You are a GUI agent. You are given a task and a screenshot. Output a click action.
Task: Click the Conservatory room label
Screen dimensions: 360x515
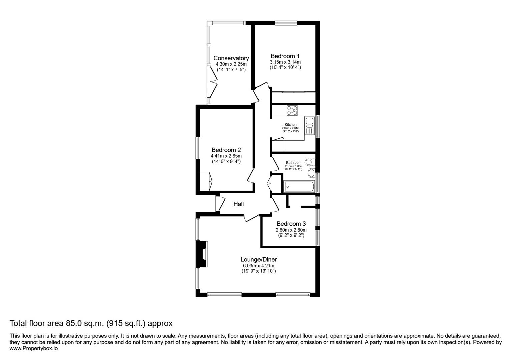click(231, 58)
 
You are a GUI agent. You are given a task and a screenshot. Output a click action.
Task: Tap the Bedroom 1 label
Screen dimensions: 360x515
click(285, 56)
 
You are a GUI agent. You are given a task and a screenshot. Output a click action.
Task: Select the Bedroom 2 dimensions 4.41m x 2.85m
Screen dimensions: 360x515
click(226, 156)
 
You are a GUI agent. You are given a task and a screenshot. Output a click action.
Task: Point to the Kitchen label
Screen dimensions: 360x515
click(290, 125)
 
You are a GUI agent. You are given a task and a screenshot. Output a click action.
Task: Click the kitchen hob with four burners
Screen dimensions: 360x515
click(292, 110)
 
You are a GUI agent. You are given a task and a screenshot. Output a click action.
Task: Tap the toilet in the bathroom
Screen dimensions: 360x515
click(310, 162)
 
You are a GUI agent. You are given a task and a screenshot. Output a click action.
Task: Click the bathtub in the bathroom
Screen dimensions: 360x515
click(299, 187)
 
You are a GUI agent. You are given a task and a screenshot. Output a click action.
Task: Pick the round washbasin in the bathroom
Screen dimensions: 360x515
click(311, 173)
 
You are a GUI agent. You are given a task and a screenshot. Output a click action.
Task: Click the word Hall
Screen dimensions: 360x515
click(238, 204)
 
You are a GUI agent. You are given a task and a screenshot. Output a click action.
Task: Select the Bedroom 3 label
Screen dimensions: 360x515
click(291, 224)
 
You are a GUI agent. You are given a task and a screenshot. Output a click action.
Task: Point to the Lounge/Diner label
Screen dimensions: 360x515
click(259, 259)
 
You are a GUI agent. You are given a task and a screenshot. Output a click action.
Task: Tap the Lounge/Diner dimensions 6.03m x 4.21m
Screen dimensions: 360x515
click(259, 266)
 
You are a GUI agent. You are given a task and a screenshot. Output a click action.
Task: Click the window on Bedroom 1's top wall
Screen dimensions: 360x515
click(286, 23)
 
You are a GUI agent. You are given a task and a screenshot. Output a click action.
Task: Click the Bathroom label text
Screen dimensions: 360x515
click(293, 163)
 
